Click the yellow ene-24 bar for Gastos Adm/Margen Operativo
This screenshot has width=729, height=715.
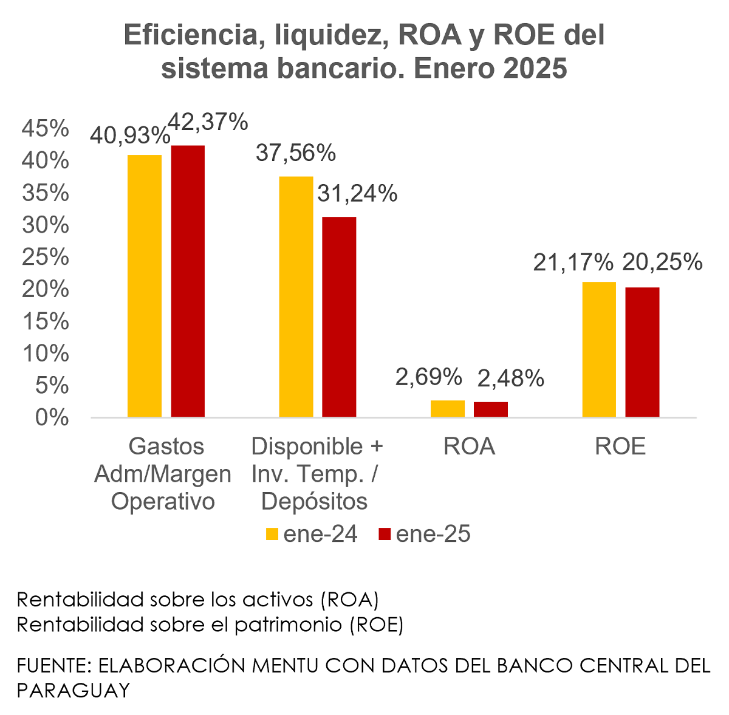(x=145, y=286)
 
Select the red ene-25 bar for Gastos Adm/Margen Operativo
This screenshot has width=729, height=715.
(x=188, y=281)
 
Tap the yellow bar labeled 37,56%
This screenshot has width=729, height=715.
(x=296, y=296)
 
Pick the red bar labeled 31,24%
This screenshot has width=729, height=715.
(x=339, y=316)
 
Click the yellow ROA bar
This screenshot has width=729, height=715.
(x=448, y=408)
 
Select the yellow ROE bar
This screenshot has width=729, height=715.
(x=599, y=349)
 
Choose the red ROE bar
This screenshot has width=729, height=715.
(x=642, y=352)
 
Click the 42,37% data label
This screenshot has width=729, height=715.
(x=207, y=122)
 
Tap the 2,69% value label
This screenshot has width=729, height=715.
(x=429, y=377)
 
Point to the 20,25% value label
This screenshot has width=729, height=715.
(x=662, y=262)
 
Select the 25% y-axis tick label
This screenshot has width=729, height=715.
(x=46, y=257)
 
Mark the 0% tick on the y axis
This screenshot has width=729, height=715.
(x=52, y=417)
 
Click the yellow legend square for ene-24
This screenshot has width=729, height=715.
(x=272, y=534)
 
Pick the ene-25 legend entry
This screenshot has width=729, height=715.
(x=425, y=534)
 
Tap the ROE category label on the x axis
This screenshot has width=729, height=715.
(x=620, y=446)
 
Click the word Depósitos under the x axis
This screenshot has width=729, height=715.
(x=315, y=501)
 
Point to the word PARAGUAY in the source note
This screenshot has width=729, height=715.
(x=74, y=690)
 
